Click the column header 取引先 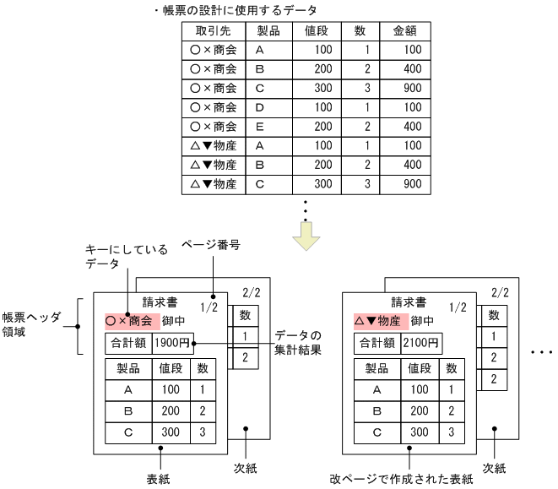click(x=213, y=31)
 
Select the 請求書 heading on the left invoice click(x=160, y=302)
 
